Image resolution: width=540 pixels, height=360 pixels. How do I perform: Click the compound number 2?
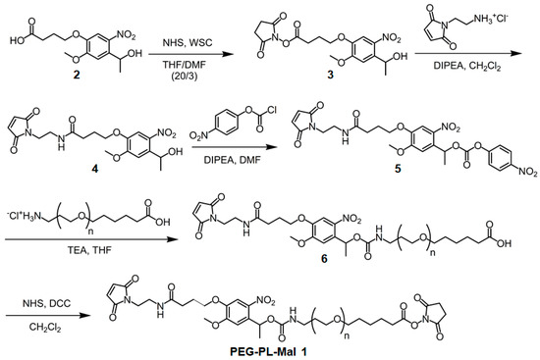tap(77, 74)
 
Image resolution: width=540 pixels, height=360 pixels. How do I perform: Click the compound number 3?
tap(331, 75)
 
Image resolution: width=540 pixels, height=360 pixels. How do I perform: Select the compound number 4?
tap(94, 170)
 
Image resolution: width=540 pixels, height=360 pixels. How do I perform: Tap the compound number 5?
tap(398, 170)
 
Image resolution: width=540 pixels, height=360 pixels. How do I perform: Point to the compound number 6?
tap(324, 258)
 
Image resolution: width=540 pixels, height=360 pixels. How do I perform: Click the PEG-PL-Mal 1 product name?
tap(268, 352)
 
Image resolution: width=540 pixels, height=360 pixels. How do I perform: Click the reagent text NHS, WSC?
tap(188, 43)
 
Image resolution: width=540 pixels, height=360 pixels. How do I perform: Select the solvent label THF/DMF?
tap(185, 66)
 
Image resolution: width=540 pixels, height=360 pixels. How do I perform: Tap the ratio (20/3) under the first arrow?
tap(185, 77)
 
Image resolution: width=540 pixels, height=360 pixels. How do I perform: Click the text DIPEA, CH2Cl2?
tap(466, 66)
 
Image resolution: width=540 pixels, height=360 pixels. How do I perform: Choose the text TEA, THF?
tap(89, 249)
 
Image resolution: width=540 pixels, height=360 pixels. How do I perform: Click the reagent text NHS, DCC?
tap(46, 303)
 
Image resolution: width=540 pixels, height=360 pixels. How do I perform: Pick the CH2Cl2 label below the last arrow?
tap(45, 327)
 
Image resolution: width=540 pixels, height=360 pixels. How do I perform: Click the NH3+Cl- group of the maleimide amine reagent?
tap(490, 19)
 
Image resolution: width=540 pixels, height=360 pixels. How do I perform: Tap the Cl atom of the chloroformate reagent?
tap(271, 110)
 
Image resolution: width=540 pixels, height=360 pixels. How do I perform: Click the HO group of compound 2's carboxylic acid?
tap(18, 40)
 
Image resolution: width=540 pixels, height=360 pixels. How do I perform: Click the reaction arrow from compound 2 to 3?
tap(191, 54)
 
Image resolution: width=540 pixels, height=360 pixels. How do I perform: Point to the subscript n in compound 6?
tap(433, 253)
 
